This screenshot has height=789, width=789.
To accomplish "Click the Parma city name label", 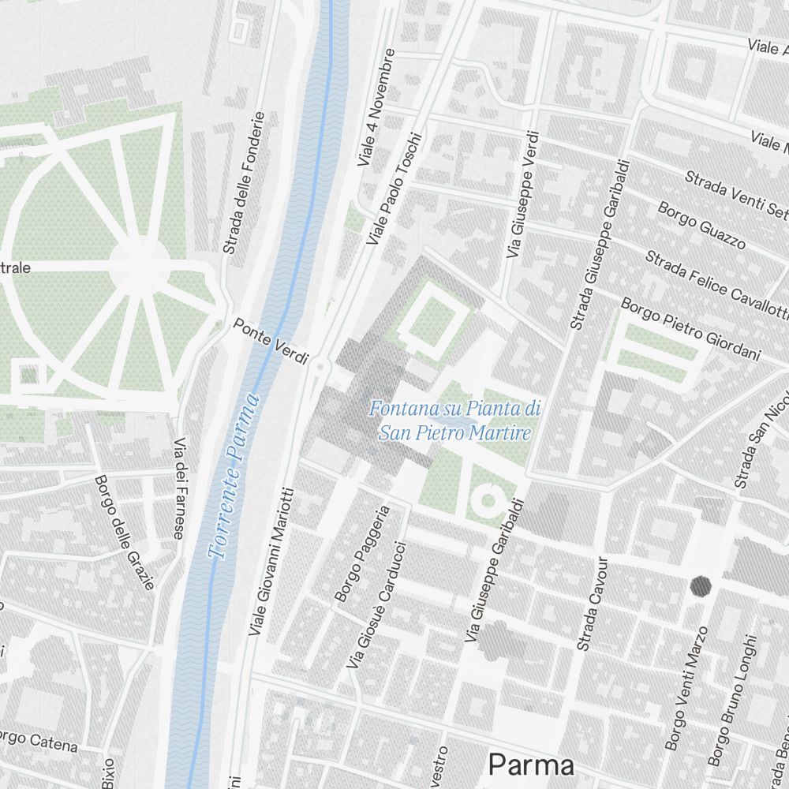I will tap(530, 765).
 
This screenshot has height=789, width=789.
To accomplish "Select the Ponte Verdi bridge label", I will tap(271, 342).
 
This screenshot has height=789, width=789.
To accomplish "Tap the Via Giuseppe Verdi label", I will tap(522, 195).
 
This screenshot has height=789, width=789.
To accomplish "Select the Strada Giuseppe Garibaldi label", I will tap(601, 245).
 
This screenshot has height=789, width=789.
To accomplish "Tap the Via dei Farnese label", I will tap(180, 488).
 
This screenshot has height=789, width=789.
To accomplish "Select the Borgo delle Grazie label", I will tap(124, 531).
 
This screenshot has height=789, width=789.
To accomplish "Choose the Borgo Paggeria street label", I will tap(362, 553).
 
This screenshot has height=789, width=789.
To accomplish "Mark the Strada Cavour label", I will tap(593, 604).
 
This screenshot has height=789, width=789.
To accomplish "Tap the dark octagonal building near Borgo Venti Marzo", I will tap(701, 585).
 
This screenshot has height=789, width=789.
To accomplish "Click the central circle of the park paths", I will tap(140, 265).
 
